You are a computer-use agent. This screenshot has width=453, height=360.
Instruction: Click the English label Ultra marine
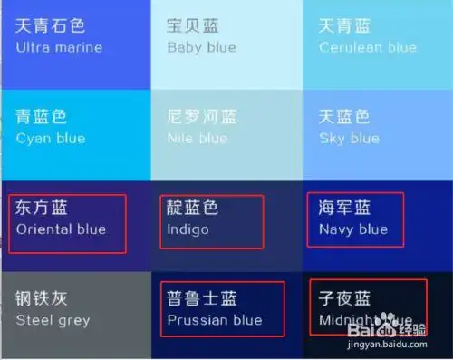click(x=59, y=47)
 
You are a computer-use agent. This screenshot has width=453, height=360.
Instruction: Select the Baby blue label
click(x=201, y=47)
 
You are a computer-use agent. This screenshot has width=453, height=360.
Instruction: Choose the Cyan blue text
click(x=51, y=138)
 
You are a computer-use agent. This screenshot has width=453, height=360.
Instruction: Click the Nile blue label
click(x=197, y=138)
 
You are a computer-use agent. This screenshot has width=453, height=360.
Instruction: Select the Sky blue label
click(x=349, y=138)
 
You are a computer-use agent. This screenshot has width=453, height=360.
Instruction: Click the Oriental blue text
click(x=61, y=229)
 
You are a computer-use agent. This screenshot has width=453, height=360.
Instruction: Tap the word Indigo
click(x=188, y=229)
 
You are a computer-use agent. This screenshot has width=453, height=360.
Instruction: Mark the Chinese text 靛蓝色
click(x=193, y=208)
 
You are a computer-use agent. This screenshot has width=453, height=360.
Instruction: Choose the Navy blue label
click(x=353, y=229)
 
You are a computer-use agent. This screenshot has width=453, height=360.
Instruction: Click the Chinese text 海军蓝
click(x=344, y=208)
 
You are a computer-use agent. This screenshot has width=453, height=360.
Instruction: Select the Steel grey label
click(x=53, y=319)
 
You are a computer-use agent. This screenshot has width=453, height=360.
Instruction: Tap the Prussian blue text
click(x=215, y=319)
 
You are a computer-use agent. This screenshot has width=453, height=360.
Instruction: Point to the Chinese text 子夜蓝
click(x=344, y=298)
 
